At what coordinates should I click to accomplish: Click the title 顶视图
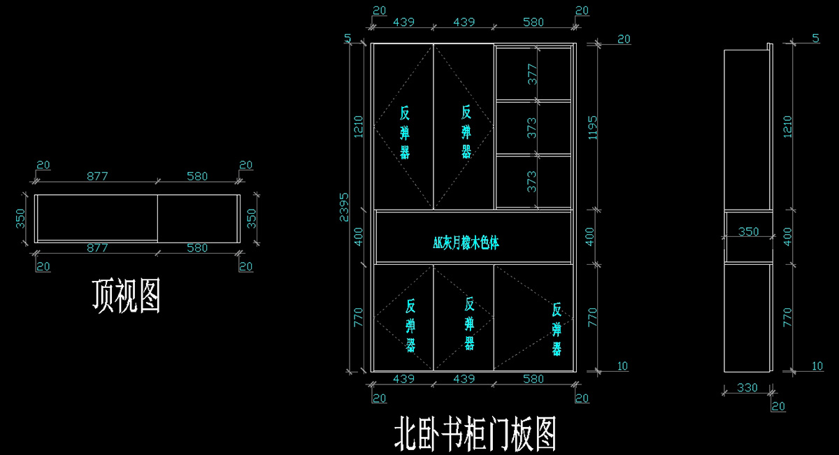pos(127,296)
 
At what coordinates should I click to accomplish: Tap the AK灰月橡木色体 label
pos(466,243)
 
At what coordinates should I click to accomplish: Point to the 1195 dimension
pos(594,126)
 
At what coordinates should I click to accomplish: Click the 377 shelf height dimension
pos(532,74)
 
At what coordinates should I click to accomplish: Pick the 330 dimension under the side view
pos(747,387)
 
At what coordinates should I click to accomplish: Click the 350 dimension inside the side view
pos(748,231)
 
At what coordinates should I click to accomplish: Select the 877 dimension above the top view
pos(97,176)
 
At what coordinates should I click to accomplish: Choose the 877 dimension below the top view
pos(97,247)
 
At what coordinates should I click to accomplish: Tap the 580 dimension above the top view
pos(198,176)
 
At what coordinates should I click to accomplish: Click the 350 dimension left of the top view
pos(20,219)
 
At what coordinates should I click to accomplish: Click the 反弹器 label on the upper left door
pos(405,132)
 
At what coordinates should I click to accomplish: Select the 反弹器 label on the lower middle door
pos(469,323)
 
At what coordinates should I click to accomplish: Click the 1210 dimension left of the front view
pos(357,126)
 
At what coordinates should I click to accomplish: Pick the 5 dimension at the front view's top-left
pos(347,38)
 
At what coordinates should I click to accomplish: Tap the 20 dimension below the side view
pos(777,406)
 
